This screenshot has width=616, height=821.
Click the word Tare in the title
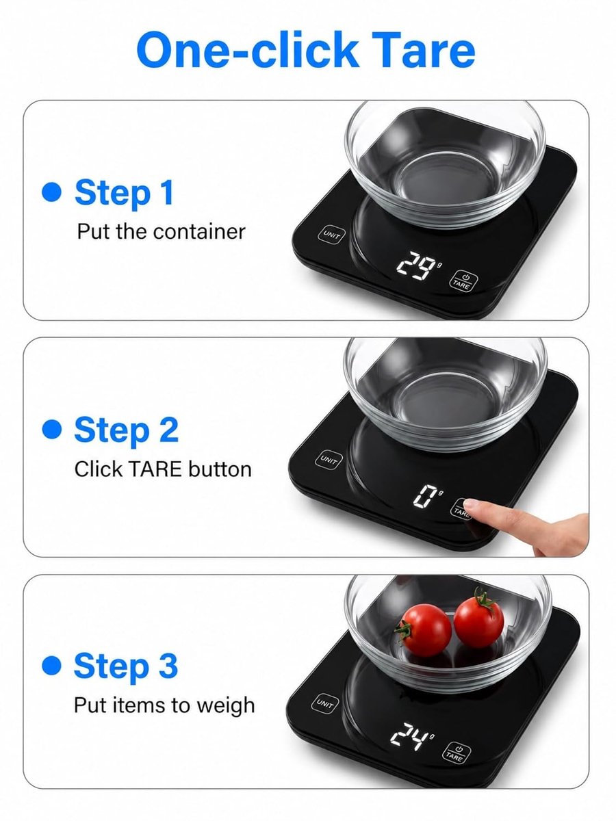tap(423, 50)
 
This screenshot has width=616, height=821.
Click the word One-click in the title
tap(247, 50)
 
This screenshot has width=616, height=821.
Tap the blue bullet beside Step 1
tap(51, 192)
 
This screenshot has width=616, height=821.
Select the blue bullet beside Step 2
tap(51, 429)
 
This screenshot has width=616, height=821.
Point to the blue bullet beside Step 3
tap(51, 666)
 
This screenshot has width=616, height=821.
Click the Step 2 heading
tap(127, 430)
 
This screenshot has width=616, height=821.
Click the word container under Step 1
tap(199, 232)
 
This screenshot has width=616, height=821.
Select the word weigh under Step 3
tap(226, 707)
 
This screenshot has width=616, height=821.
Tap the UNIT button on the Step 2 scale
tap(329, 460)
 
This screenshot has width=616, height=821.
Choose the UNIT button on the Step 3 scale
tap(324, 703)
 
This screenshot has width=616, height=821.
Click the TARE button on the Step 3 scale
tap(457, 752)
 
